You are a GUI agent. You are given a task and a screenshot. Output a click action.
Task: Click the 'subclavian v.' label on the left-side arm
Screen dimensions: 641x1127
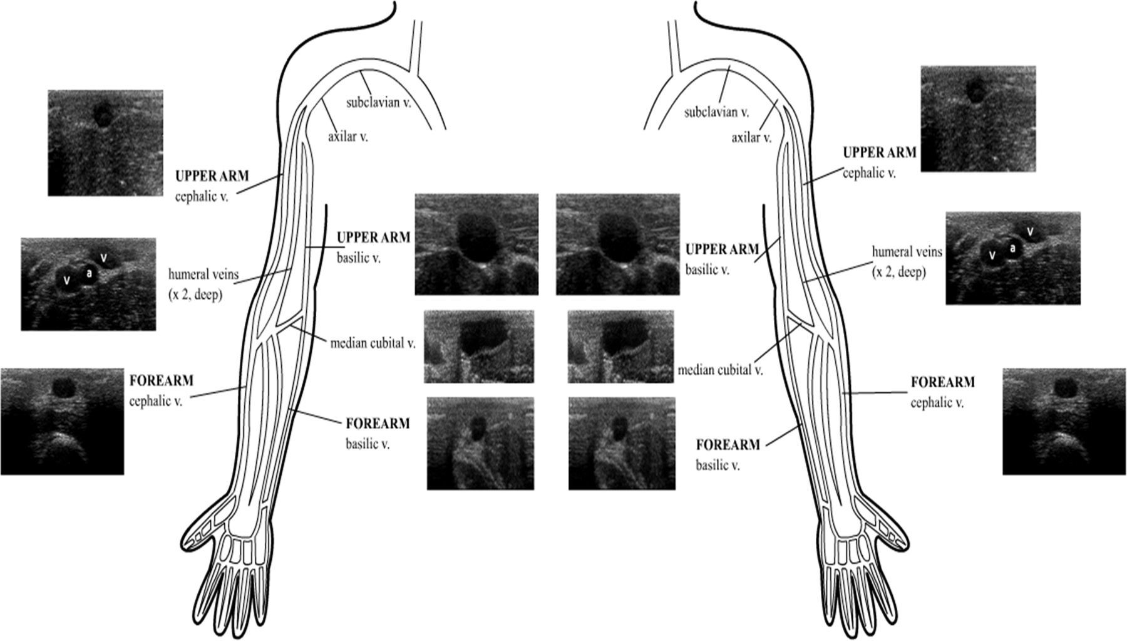(378, 102)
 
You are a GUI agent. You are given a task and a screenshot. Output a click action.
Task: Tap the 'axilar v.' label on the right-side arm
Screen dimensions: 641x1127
(751, 137)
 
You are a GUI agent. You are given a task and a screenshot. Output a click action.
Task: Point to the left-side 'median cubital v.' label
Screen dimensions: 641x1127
(373, 343)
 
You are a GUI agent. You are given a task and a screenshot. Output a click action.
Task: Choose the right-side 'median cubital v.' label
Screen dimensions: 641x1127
(721, 370)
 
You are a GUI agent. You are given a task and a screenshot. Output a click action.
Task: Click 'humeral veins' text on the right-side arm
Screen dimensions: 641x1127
(907, 252)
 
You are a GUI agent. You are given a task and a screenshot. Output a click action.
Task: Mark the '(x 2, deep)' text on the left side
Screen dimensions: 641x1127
(195, 294)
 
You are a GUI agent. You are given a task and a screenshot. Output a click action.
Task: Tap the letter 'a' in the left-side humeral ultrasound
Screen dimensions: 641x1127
(89, 273)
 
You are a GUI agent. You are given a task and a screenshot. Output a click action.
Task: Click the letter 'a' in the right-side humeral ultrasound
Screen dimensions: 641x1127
(1012, 248)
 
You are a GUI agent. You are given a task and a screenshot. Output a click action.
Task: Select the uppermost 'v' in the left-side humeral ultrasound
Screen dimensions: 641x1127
(105, 257)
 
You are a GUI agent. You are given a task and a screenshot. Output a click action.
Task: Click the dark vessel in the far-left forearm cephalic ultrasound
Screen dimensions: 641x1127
(62, 387)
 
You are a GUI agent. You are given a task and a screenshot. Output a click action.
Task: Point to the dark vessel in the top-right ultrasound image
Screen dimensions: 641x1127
(974, 91)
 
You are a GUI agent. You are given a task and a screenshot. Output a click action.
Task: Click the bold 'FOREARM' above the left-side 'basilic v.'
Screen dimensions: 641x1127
(378, 424)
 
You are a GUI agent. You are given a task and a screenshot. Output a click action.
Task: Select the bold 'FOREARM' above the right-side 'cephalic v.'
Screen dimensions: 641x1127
(942, 382)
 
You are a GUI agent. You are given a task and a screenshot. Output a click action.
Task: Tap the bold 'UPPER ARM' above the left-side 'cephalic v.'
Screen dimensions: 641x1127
(212, 175)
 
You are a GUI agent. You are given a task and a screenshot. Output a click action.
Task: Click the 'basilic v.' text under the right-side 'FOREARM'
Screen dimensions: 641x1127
(718, 466)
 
